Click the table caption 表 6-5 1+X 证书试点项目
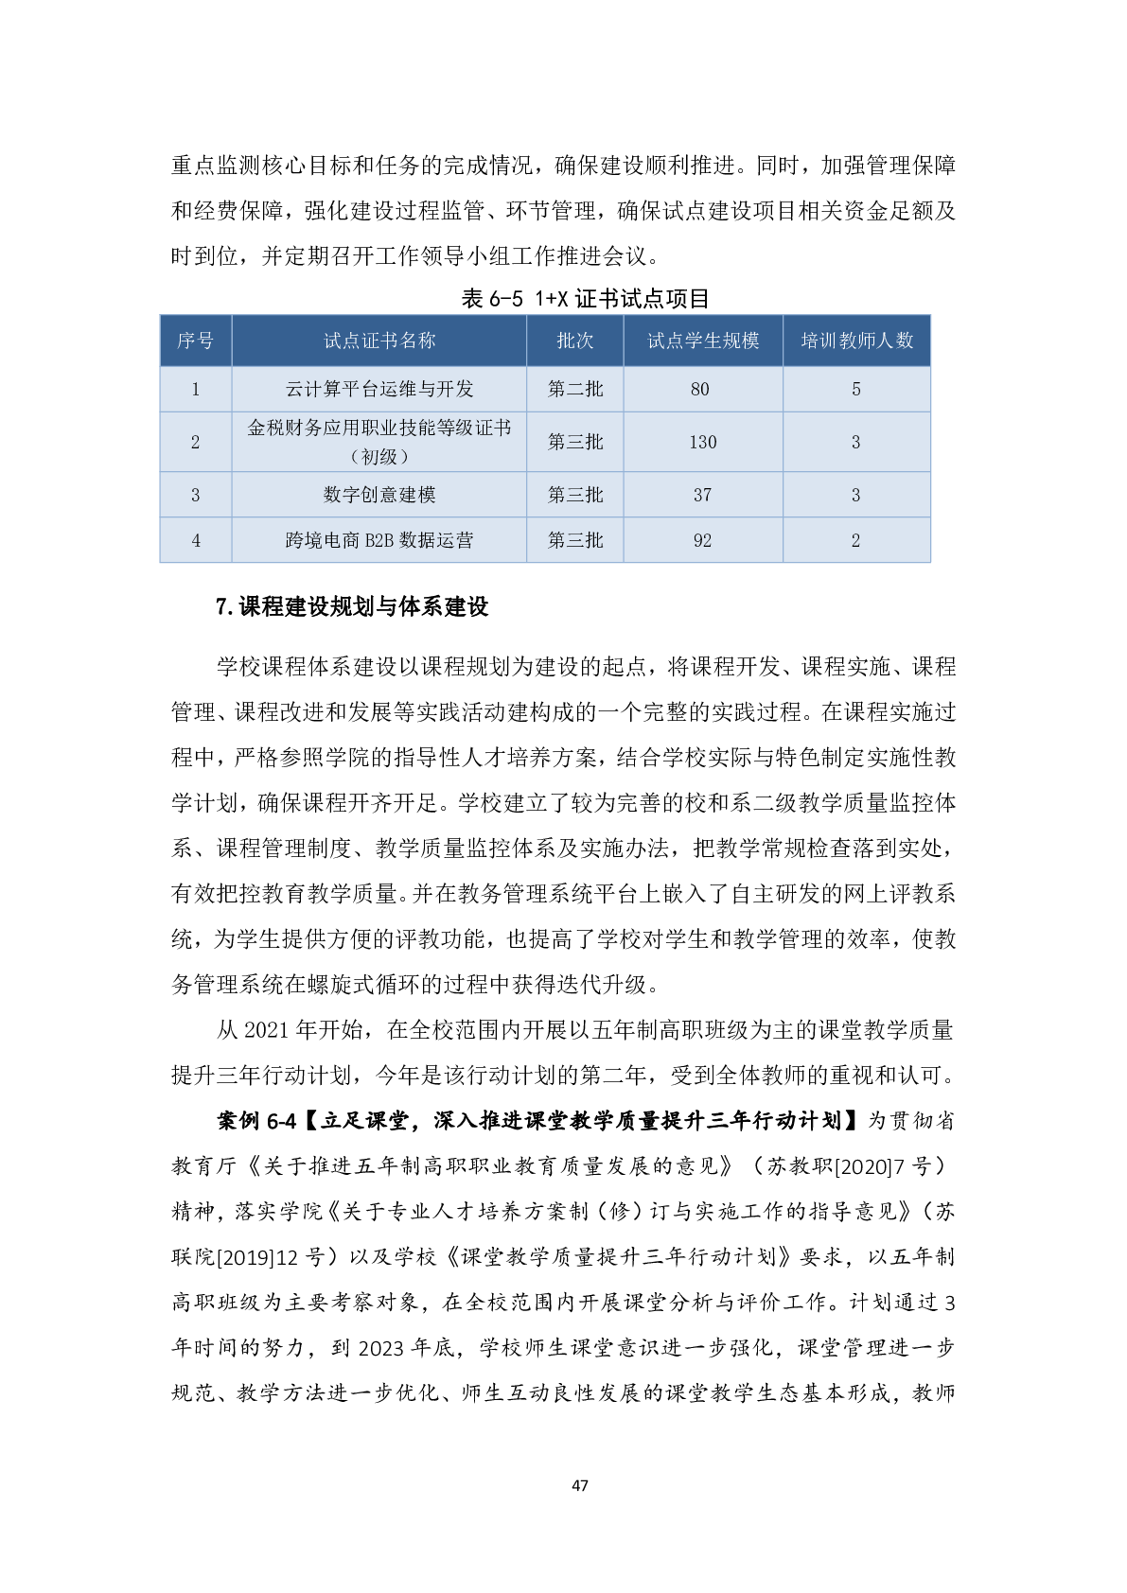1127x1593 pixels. pyautogui.click(x=585, y=299)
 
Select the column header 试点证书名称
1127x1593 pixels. pyautogui.click(x=379, y=341)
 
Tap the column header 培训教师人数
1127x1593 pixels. pyautogui.click(x=856, y=341)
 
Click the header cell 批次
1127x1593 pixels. pyautogui.click(x=574, y=341)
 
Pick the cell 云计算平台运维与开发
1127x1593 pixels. pyautogui.click(x=379, y=389)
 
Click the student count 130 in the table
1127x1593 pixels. pyautogui.click(x=702, y=442)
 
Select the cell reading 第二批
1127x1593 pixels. pyautogui.click(x=574, y=389)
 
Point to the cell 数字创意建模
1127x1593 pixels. pyautogui.click(x=379, y=495)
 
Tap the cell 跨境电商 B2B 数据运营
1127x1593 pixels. pyautogui.click(x=379, y=540)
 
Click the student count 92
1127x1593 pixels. pyautogui.click(x=702, y=540)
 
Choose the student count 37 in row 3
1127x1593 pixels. pyautogui.click(x=702, y=495)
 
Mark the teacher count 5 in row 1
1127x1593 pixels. pyautogui.click(x=856, y=389)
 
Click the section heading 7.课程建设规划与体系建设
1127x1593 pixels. pyautogui.click(x=352, y=606)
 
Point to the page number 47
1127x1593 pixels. pyautogui.click(x=580, y=1485)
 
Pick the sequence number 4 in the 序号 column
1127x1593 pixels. pyautogui.click(x=196, y=540)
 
